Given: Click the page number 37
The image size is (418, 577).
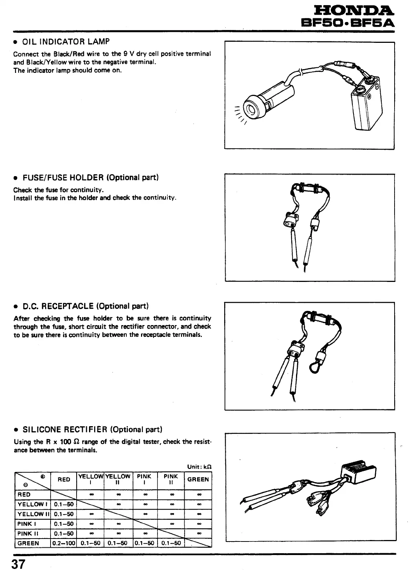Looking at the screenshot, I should coord(19,564).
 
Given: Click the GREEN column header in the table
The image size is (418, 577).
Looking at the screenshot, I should coord(198,479).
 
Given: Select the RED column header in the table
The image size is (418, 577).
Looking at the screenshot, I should coord(64,479).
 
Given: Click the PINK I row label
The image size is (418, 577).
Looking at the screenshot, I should coord(26,524).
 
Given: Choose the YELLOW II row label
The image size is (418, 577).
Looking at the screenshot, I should coord(32,514).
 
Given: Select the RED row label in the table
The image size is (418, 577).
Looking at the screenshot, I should coord(24,495).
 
